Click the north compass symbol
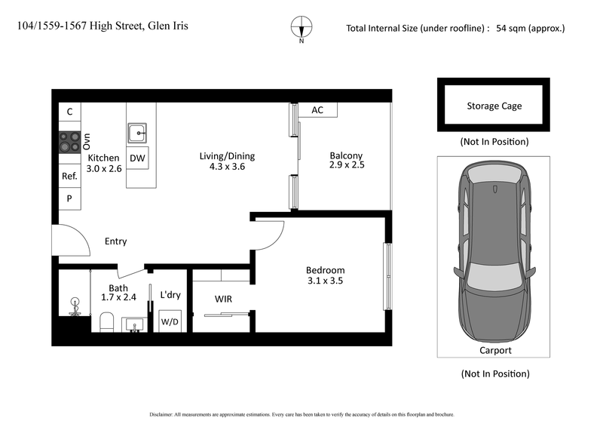[301, 27]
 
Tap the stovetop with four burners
[69, 141]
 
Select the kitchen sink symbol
[138, 134]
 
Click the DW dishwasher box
[137, 158]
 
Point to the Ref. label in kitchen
[69, 176]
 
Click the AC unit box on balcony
[317, 110]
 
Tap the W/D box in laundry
[169, 321]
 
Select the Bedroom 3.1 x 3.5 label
[325, 276]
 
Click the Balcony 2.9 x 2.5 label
[346, 160]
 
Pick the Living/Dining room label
[227, 161]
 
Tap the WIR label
[223, 300]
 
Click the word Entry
[115, 241]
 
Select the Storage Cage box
[494, 106]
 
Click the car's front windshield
[494, 280]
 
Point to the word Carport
[495, 350]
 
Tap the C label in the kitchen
[69, 112]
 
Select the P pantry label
[69, 198]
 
